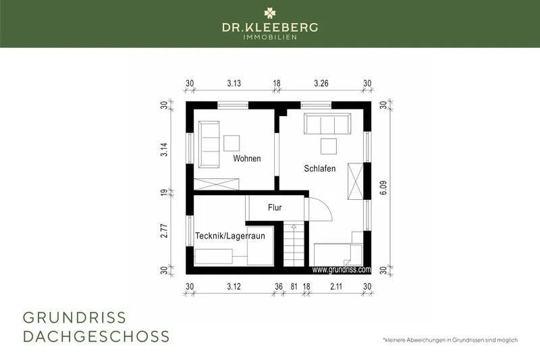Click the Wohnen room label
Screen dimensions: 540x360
pos(247,159)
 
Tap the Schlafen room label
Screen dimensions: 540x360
pos(319,168)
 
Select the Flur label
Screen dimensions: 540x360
pos(275,207)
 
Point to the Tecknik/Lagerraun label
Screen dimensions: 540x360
pos(230,236)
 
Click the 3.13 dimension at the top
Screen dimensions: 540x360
pos(234,83)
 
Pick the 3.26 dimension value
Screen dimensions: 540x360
pos(321,83)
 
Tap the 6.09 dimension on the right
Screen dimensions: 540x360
pos(383,188)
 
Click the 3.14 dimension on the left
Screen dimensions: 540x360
pos(164,149)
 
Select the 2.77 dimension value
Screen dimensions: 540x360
pos(164,231)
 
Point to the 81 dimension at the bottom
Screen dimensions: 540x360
pos(294,286)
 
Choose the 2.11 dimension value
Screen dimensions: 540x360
pos(336,286)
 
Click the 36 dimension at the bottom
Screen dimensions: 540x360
pos(279,286)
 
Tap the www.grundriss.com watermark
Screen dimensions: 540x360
pos(342,269)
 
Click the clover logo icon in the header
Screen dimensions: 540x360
pos(270,14)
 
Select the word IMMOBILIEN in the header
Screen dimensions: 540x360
pos(270,37)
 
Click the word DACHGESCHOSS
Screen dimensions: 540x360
pos(96,336)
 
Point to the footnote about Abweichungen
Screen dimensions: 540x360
pos(450,340)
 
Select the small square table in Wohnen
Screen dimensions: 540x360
pos(232,143)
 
